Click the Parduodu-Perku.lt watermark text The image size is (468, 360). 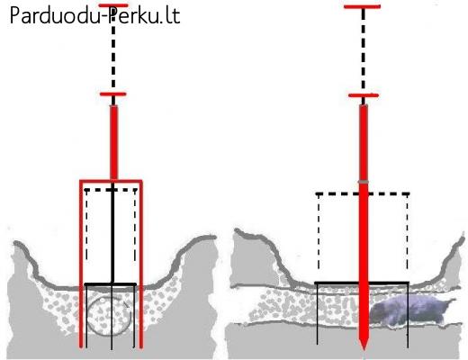coord(94,15)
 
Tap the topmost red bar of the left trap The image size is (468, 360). coord(113,5)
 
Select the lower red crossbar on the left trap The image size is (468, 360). coord(113,94)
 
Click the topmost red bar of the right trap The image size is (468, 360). coord(363,6)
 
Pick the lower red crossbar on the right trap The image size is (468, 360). coord(364,95)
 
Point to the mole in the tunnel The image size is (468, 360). coord(410,310)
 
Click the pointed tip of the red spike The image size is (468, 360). coord(364,349)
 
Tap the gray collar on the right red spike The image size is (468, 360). coord(364,182)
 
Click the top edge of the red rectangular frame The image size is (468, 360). coord(111,181)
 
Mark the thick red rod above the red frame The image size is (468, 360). coord(113,142)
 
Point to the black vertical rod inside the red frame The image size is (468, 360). coord(112,232)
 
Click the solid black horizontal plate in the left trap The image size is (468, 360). coord(111,284)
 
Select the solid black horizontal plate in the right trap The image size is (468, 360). coord(362,283)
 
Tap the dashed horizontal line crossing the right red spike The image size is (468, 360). coord(363,194)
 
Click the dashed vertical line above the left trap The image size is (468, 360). coord(113,51)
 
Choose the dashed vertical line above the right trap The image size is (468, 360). coord(364,51)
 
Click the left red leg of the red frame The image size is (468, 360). coord(81,264)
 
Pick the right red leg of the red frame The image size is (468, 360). coord(141,264)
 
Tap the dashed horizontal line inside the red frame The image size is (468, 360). coord(111,190)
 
